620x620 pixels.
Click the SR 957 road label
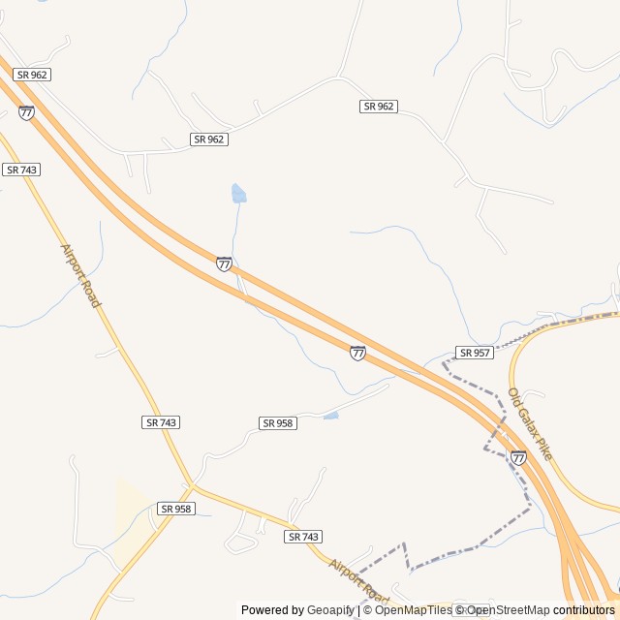pyautogui.click(x=475, y=353)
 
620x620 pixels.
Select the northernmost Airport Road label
pyautogui.click(x=80, y=276)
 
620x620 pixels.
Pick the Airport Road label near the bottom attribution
pyautogui.click(x=358, y=579)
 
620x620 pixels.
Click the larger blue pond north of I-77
pyautogui.click(x=238, y=194)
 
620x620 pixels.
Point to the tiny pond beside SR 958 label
pyautogui.click(x=331, y=416)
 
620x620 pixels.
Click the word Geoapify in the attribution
pyautogui.click(x=330, y=610)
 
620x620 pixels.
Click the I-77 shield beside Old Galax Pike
pyautogui.click(x=519, y=457)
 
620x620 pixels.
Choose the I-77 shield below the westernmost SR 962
pyautogui.click(x=26, y=112)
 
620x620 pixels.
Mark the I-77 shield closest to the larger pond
pyautogui.click(x=224, y=263)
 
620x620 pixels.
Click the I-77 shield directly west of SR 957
pyautogui.click(x=358, y=353)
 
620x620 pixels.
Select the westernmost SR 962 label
pyautogui.click(x=32, y=75)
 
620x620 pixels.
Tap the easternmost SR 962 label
pyautogui.click(x=379, y=107)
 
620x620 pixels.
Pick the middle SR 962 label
pyautogui.click(x=208, y=139)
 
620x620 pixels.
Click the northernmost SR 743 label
pyautogui.click(x=21, y=170)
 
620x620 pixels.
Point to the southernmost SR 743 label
pyautogui.click(x=304, y=537)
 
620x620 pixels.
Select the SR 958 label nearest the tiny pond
pyautogui.click(x=278, y=423)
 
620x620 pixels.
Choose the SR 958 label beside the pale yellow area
pyautogui.click(x=176, y=509)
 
